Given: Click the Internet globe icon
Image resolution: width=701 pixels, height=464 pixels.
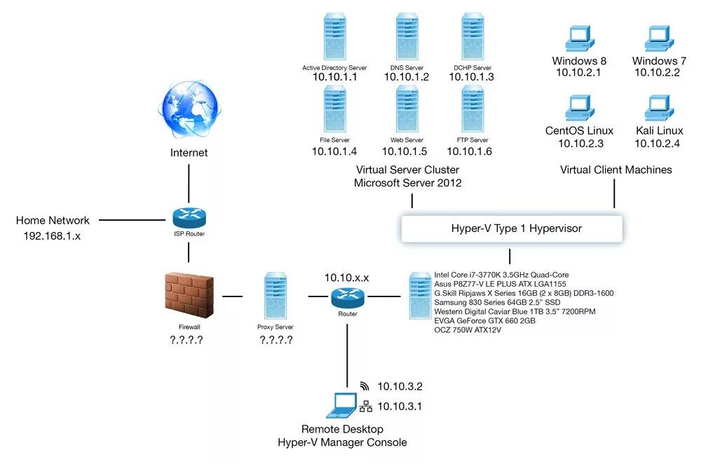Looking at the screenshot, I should pyautogui.click(x=189, y=110).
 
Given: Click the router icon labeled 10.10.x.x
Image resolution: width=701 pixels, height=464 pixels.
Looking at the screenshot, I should pyautogui.click(x=348, y=297).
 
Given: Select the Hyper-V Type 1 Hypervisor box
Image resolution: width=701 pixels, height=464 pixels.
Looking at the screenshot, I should pyautogui.click(x=511, y=228).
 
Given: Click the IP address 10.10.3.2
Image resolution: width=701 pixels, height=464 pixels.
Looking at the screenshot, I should pyautogui.click(x=400, y=386).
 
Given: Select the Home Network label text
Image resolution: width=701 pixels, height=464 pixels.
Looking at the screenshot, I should pyautogui.click(x=53, y=221).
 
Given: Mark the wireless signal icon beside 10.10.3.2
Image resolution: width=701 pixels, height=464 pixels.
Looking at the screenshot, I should pyautogui.click(x=365, y=385).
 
